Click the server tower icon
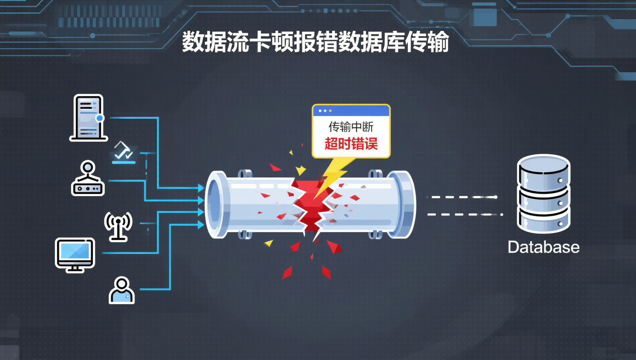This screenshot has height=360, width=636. [x=88, y=117]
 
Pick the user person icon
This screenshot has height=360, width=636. [x=121, y=290]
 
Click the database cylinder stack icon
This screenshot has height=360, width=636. [x=543, y=193]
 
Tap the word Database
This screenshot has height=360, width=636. [x=543, y=247]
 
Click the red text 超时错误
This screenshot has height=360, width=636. [x=351, y=144]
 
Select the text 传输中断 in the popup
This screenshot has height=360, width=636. [x=351, y=127]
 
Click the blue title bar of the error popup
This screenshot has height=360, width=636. [x=351, y=111]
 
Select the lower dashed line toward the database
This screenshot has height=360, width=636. [x=465, y=214]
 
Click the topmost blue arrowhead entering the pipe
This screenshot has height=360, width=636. [x=201, y=187]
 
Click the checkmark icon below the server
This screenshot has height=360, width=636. [x=124, y=153]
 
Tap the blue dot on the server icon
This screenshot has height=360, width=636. [x=100, y=118]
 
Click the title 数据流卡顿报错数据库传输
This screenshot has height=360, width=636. [x=315, y=42]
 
